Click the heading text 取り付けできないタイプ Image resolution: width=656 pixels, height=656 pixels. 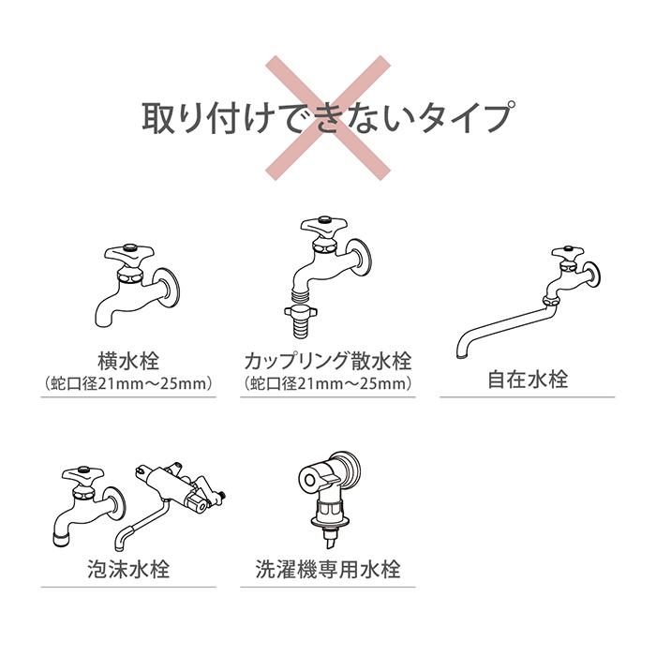pos(327,118)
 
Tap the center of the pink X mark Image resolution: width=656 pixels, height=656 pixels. pos(327,117)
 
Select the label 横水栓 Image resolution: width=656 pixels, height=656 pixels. pos(128,362)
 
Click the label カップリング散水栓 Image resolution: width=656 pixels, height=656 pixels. pos(327,362)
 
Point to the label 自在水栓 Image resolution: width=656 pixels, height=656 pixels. pos(527,380)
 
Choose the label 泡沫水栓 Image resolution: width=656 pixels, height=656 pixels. pos(128,569)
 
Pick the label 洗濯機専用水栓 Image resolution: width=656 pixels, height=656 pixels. pos(327,569)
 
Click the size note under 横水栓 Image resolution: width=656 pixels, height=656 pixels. pos(128,383)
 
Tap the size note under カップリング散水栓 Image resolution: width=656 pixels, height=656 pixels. pos(327,383)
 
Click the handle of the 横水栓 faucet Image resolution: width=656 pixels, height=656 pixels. pos(128,253)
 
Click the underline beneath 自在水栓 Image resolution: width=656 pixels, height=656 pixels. pos(527,397)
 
